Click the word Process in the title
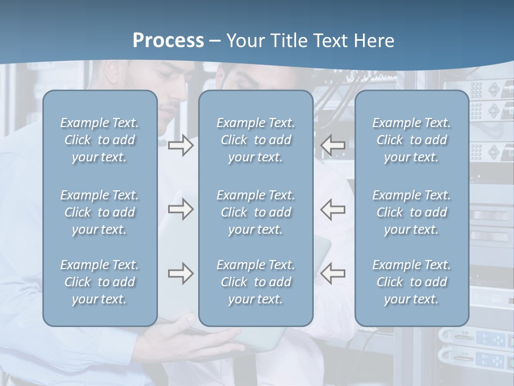coord(168,41)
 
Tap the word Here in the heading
coord(374,41)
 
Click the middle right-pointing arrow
coord(180,209)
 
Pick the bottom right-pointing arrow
coord(180,273)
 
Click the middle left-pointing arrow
coord(333,209)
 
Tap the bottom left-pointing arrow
coord(333,273)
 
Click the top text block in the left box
coord(100,140)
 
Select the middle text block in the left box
coord(100,212)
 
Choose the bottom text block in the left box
coord(100,282)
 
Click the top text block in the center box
coord(255,140)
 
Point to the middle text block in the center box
coord(255,212)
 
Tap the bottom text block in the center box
coord(255,282)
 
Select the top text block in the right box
coord(411,140)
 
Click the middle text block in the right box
coord(411,212)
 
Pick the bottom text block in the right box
coord(411,282)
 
